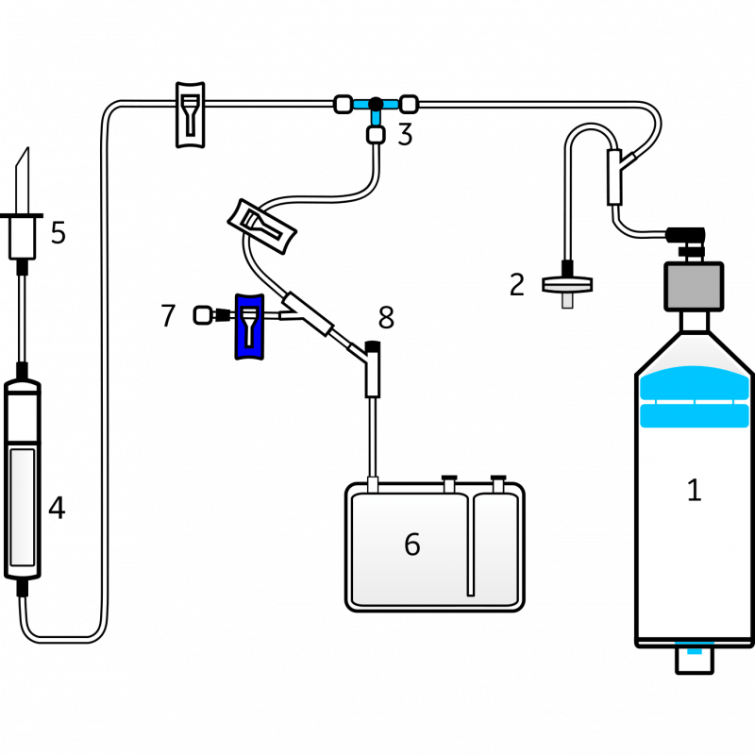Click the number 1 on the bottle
coord(694,490)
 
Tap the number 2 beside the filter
coord(516,283)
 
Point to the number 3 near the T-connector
coord(405,136)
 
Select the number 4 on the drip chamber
coord(57,509)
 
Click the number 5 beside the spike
coord(59,232)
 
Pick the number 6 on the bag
coord(411,545)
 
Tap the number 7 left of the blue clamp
coord(168,314)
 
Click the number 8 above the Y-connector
coord(386,316)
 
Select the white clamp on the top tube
coord(191,113)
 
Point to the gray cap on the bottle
coord(694,286)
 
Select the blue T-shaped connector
coord(377,108)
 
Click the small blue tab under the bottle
coord(694,652)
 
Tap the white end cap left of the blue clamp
coord(202,315)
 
